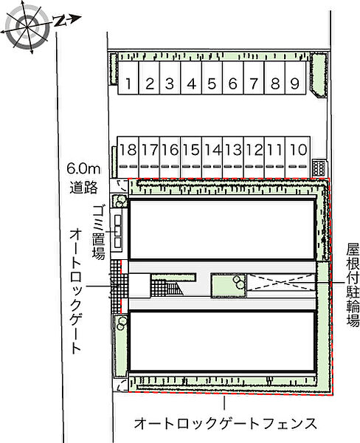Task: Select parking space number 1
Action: coord(128,84)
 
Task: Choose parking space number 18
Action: coord(128,151)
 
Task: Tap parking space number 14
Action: coord(212,151)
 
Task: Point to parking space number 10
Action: coord(298,151)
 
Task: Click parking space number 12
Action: coord(255,151)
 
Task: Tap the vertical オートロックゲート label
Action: coord(77,291)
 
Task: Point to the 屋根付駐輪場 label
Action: coord(353,285)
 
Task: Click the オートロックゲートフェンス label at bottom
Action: coord(226,424)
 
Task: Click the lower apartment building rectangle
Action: coord(222,341)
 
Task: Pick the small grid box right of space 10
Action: coord(319,165)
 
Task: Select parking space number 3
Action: coord(169,84)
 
